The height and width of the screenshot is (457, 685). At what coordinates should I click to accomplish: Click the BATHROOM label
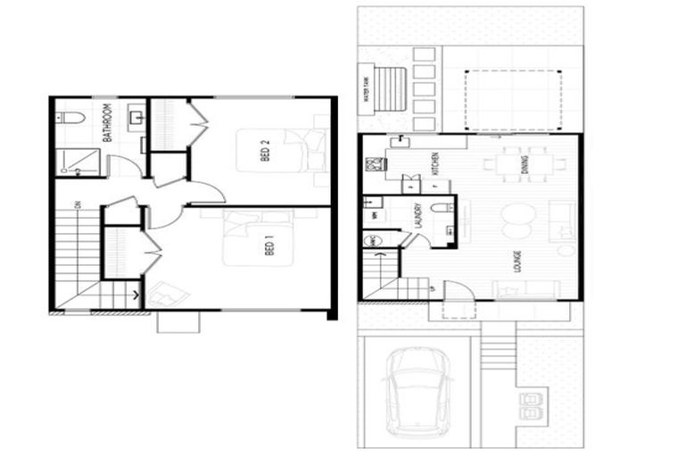[x=106, y=123]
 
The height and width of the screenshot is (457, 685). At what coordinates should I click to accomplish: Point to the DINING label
[x=525, y=163]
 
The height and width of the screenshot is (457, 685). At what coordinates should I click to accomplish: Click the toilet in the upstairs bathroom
[x=71, y=117]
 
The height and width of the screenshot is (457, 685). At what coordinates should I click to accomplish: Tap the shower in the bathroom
[x=78, y=161]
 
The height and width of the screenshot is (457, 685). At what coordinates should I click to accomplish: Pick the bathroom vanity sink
[x=136, y=117]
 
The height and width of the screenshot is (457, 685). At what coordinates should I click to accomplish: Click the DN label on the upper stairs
[x=78, y=205]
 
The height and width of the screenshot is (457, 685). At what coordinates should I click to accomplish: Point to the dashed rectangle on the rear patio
[x=513, y=100]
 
